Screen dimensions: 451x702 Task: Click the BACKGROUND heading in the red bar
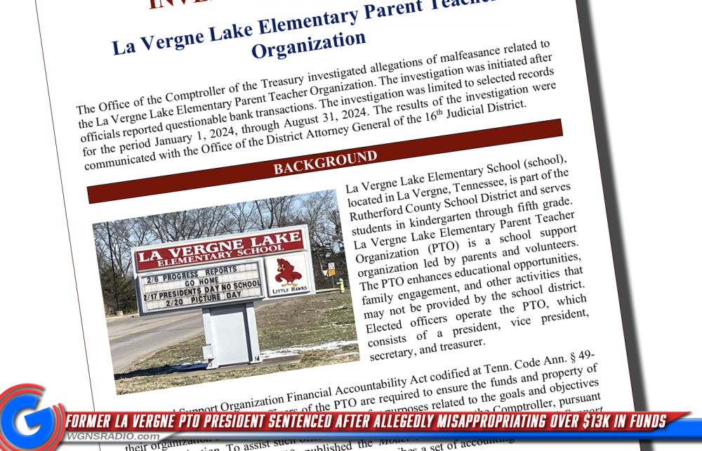325,162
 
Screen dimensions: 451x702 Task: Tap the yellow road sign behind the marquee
330,268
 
